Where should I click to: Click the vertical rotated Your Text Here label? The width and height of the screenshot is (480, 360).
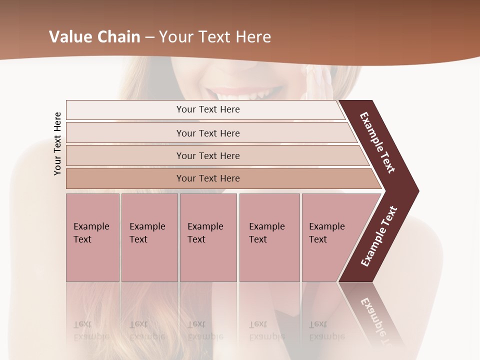[57, 143]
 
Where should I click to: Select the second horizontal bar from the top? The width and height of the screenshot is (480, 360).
[208, 133]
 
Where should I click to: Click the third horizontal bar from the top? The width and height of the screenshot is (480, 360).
[208, 155]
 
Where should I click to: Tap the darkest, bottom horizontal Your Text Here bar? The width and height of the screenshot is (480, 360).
[208, 178]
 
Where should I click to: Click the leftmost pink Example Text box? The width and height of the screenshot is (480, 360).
[92, 237]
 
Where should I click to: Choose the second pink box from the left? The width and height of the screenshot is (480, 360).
[149, 237]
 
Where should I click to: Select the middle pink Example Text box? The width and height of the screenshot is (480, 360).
[208, 237]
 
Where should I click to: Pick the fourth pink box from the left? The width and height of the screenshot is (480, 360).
[269, 237]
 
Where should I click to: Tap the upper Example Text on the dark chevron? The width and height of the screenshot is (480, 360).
[377, 142]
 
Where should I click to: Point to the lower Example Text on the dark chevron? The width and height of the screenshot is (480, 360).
[379, 236]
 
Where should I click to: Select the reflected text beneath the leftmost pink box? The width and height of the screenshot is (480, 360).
[91, 330]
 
